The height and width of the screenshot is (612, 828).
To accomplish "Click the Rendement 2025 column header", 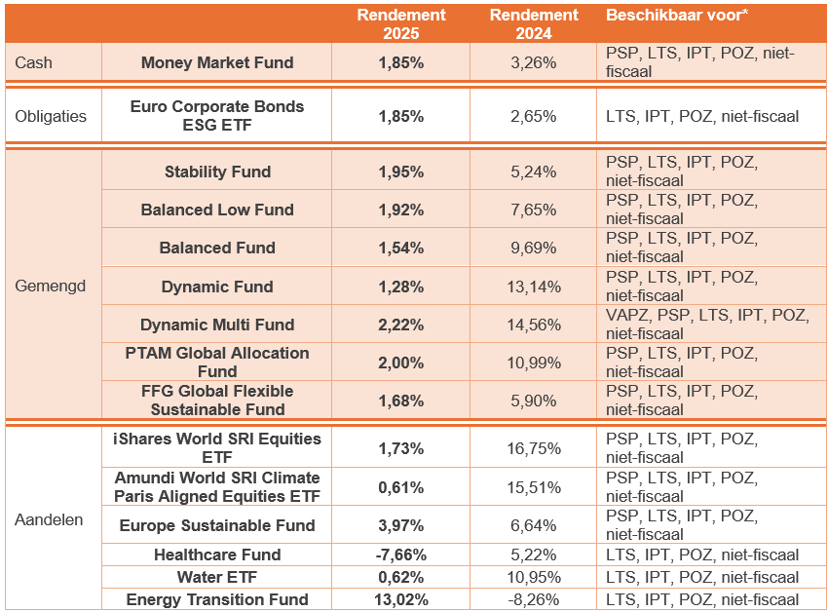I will (400, 23).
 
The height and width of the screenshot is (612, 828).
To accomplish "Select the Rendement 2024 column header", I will (534, 23).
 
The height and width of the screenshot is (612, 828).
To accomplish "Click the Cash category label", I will (34, 62).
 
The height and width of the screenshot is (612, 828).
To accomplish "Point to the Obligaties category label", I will (51, 116).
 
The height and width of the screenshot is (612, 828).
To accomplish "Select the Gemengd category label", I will (51, 287).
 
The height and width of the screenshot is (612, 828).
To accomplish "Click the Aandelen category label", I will (50, 519).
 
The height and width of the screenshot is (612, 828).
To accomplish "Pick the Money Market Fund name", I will (217, 62).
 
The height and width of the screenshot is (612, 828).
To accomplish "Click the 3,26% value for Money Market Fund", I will (534, 62).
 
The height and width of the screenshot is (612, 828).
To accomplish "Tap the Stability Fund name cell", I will (217, 172).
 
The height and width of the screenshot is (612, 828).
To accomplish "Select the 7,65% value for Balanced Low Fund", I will (534, 210).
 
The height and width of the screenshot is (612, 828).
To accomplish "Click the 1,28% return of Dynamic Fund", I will (400, 287).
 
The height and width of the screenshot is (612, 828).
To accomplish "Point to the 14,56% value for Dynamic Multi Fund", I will (534, 325).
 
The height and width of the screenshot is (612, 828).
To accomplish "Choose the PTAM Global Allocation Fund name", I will (217, 362).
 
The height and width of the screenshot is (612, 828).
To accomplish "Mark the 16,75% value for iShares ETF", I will (534, 448).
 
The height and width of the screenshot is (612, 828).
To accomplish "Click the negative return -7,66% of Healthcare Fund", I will (400, 555).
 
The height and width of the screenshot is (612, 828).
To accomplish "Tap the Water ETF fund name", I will (217, 577).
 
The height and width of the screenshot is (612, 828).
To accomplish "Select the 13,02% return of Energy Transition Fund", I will (400, 599).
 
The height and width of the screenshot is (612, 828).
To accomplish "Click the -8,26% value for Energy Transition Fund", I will (534, 599).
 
